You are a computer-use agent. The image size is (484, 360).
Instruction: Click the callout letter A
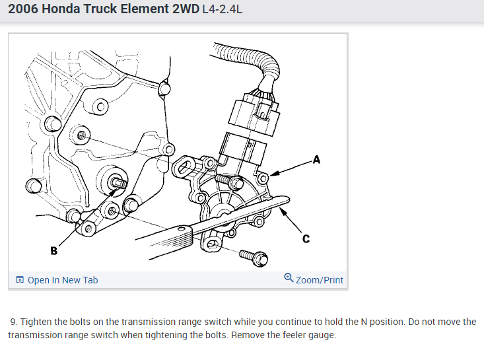316,159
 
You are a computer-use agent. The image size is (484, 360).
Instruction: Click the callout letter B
54,250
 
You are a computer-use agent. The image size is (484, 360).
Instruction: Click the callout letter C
306,238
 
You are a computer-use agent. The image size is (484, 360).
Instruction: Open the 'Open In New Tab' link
63,280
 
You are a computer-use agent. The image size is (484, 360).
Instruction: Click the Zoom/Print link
320,280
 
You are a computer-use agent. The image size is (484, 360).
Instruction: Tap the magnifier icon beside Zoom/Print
289,279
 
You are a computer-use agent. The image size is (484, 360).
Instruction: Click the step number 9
13,322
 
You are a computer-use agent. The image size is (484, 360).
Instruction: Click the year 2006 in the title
22,10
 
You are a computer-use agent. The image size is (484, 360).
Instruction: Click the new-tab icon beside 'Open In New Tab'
20,280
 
